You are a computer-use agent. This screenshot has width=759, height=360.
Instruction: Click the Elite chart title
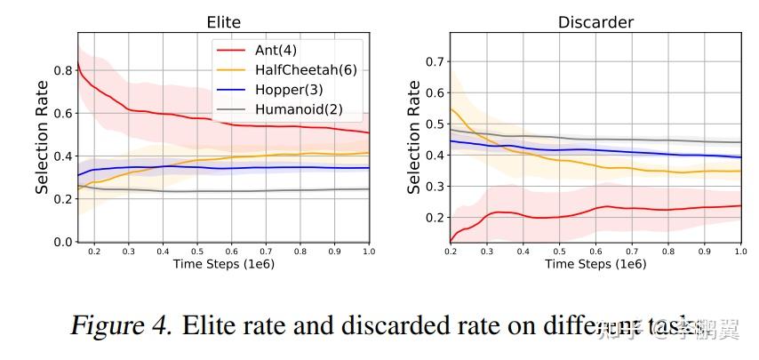(222, 21)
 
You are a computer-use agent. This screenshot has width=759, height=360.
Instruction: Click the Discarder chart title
(595, 21)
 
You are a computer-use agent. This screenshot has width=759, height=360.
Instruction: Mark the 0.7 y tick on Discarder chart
(433, 61)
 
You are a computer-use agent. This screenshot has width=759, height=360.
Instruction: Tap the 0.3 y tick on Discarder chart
(433, 186)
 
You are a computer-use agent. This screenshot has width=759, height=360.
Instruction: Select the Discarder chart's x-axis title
(595, 264)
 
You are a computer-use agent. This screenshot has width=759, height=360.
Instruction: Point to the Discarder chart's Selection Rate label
(414, 137)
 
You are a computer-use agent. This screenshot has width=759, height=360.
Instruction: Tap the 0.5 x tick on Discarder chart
(559, 252)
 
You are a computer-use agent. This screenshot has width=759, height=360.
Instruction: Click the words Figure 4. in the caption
(122, 325)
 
